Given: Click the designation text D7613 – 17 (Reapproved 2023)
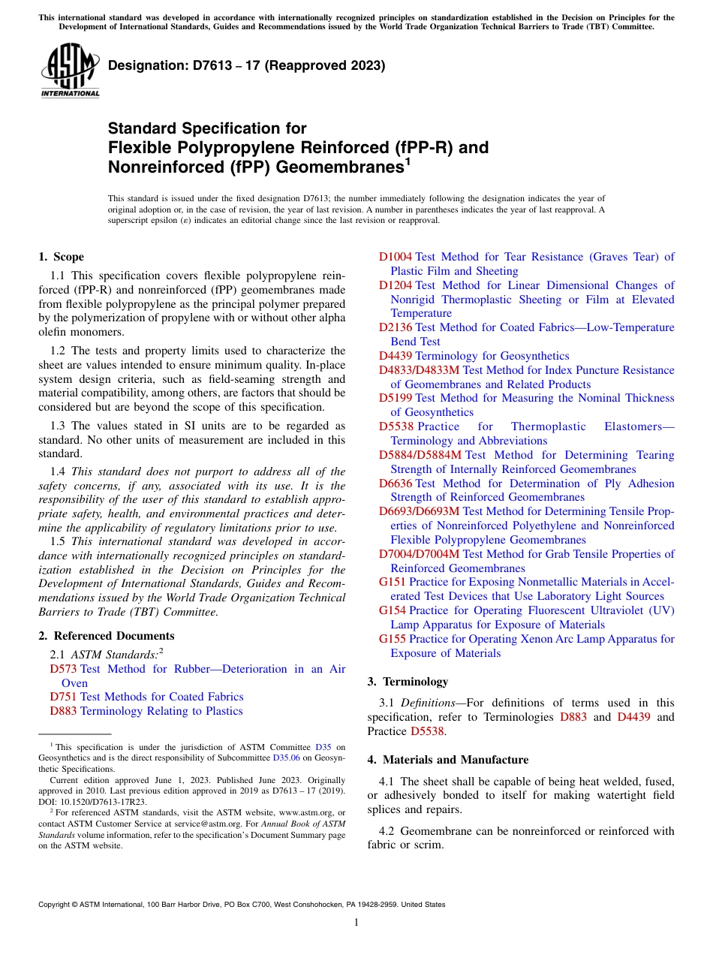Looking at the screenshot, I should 246,66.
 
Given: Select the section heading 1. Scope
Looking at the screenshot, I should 61,257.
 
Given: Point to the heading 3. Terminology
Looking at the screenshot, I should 408,682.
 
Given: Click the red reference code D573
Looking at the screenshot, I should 63,669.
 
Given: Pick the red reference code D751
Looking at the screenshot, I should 63,697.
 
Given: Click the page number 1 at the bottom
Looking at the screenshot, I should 356,922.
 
